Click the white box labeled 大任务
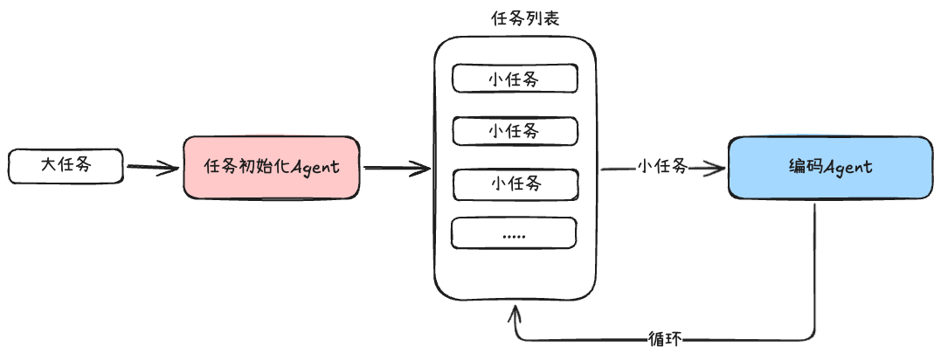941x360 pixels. [66, 166]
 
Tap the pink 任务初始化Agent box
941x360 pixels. [271, 168]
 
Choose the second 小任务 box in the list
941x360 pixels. [515, 131]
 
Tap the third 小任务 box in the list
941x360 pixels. [515, 183]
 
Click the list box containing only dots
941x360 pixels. [515, 233]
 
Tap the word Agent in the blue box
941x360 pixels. [848, 167]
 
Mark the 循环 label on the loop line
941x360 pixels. [665, 338]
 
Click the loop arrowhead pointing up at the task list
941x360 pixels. [516, 311]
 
